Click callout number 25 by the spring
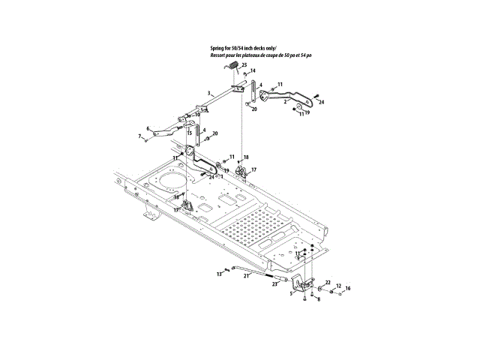pos(244,66)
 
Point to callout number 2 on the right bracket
pos(285,100)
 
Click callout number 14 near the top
pos(253,71)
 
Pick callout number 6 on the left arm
pos(148,128)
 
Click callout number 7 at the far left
pos(139,136)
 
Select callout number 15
pos(190,133)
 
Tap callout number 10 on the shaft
pos(197,115)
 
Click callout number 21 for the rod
pos(244,276)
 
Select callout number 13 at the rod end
pos(220,275)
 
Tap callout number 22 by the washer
pos(327,282)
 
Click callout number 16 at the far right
pos(347,288)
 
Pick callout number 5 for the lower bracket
pos(292,294)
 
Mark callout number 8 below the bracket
pos(318,299)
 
